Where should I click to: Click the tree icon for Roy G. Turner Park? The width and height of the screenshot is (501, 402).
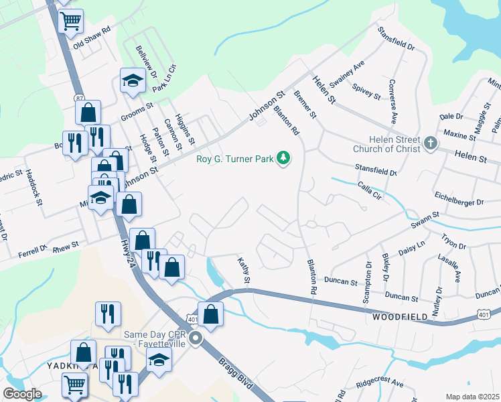click(285, 158)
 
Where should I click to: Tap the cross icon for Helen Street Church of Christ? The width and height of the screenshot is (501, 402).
click(431, 143)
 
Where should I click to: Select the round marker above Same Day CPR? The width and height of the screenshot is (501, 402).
click(196, 339)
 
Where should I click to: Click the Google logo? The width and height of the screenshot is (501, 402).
click(23, 394)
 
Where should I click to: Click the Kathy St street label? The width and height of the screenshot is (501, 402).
click(244, 272)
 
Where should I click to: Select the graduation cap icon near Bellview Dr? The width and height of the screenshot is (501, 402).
click(133, 81)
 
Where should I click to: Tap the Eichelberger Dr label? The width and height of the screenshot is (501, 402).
click(459, 201)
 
